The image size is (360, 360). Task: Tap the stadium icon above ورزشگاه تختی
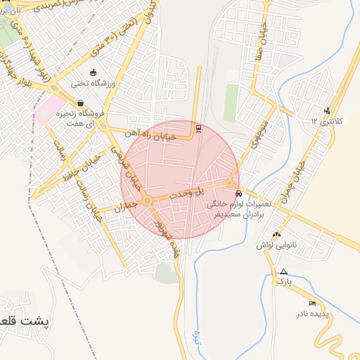92,72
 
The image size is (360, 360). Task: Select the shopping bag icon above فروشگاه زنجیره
82,103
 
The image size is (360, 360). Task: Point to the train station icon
199,129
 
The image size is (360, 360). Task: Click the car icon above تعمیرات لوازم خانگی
239,193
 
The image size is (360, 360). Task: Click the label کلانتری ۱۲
327,121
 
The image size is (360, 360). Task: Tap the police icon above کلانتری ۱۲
327,110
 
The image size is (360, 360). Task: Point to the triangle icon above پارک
283,271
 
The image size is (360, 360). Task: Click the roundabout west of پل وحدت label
148,202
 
